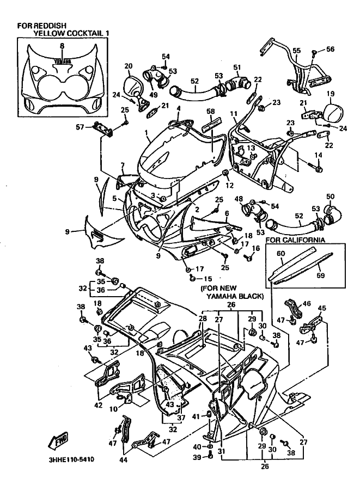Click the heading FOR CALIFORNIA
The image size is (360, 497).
point(295,240)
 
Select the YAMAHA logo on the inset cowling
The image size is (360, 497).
point(62,62)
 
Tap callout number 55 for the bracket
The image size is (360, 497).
point(296,51)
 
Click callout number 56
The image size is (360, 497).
point(330,50)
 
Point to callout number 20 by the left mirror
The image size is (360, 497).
point(129,66)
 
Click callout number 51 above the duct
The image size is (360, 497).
point(237,67)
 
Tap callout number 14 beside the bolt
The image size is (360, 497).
point(319,155)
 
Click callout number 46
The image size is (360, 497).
point(306,304)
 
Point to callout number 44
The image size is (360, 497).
point(124,460)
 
